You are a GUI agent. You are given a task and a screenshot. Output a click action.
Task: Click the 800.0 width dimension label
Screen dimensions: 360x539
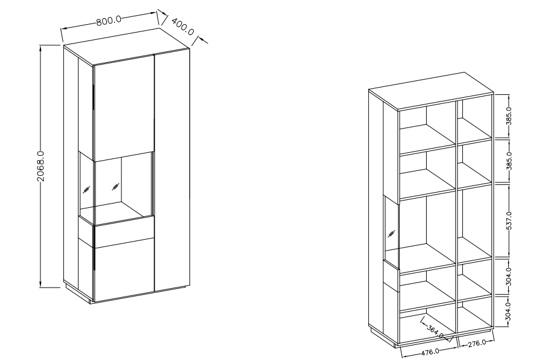coord(109,20)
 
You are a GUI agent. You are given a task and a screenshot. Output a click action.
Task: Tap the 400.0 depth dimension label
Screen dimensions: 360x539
coord(182,27)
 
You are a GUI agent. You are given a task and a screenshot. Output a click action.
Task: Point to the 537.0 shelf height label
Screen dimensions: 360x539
coord(509,220)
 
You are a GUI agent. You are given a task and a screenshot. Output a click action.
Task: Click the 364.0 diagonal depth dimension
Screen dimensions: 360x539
coord(435,330)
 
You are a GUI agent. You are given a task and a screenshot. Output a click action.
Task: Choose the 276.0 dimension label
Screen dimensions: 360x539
coord(477,344)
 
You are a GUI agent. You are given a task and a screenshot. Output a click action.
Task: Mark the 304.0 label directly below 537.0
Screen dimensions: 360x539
coord(509,275)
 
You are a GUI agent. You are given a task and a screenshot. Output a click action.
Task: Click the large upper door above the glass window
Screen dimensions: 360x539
coord(123,106)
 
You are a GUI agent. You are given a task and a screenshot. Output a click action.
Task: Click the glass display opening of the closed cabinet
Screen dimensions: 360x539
coord(121,187)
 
